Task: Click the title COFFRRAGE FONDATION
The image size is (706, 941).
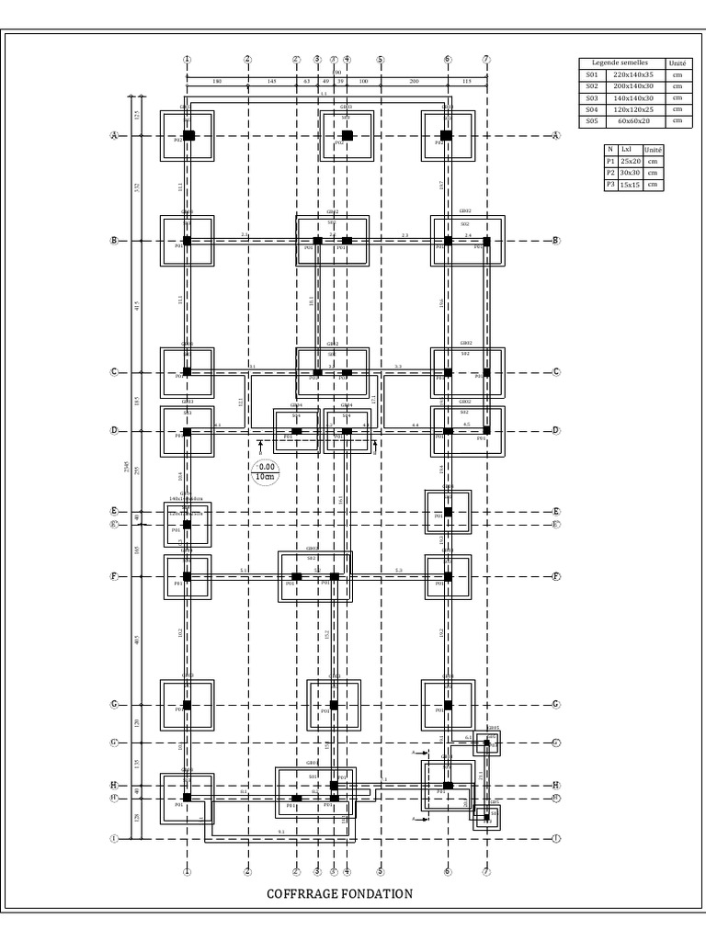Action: (339, 893)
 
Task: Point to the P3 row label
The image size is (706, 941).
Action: (609, 185)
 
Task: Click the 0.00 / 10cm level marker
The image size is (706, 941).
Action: (267, 471)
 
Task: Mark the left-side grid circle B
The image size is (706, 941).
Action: (115, 241)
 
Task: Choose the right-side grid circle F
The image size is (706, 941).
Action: (557, 576)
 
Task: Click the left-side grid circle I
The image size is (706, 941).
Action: (115, 838)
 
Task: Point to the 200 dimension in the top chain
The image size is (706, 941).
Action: (414, 82)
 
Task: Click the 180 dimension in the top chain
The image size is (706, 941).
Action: (217, 82)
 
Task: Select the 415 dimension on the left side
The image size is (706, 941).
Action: (137, 306)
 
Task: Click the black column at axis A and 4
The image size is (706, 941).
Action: (347, 135)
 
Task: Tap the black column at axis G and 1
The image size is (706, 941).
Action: (187, 705)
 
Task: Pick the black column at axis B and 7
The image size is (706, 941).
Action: (486, 241)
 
